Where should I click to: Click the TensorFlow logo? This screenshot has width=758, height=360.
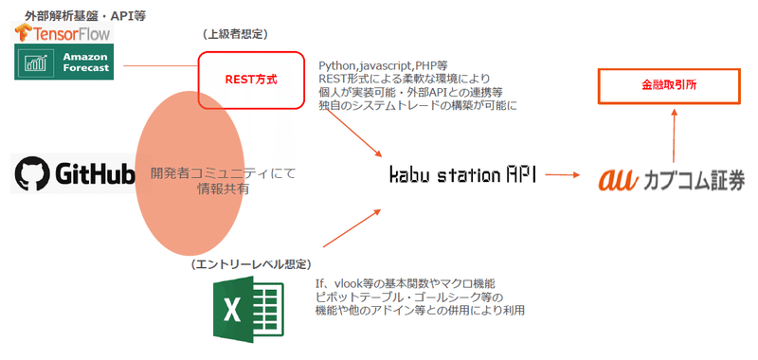[x=63, y=33]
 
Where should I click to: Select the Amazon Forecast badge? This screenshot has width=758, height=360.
[x=64, y=63]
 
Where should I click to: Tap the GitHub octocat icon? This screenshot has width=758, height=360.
[x=31, y=174]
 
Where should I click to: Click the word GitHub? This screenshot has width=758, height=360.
[x=94, y=174]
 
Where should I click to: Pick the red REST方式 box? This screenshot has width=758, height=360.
[x=250, y=80]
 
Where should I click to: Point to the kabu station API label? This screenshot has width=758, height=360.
[x=462, y=175]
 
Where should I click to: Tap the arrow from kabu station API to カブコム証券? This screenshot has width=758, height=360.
[x=565, y=175]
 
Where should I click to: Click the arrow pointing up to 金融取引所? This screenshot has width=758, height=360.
[x=674, y=133]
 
